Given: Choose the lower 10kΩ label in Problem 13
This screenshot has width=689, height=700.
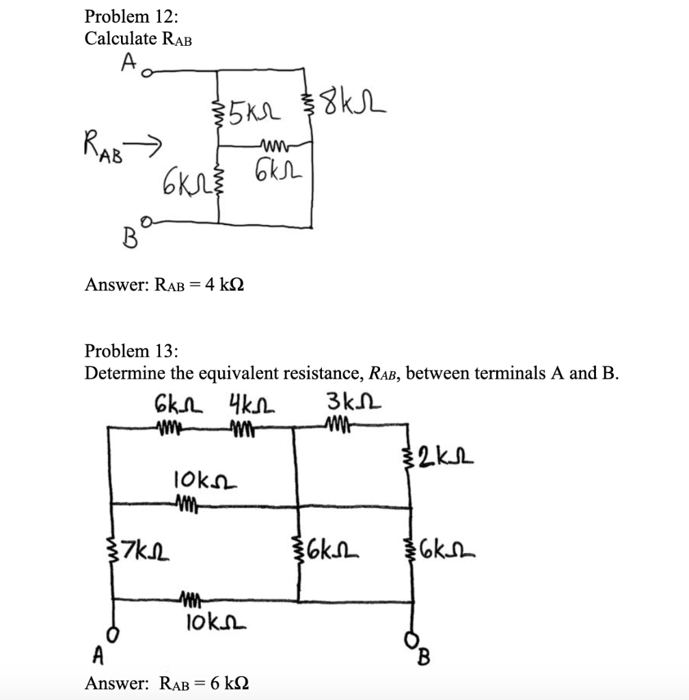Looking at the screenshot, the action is coord(209,623).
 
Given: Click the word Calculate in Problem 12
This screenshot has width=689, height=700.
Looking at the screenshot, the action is coord(120,39).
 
